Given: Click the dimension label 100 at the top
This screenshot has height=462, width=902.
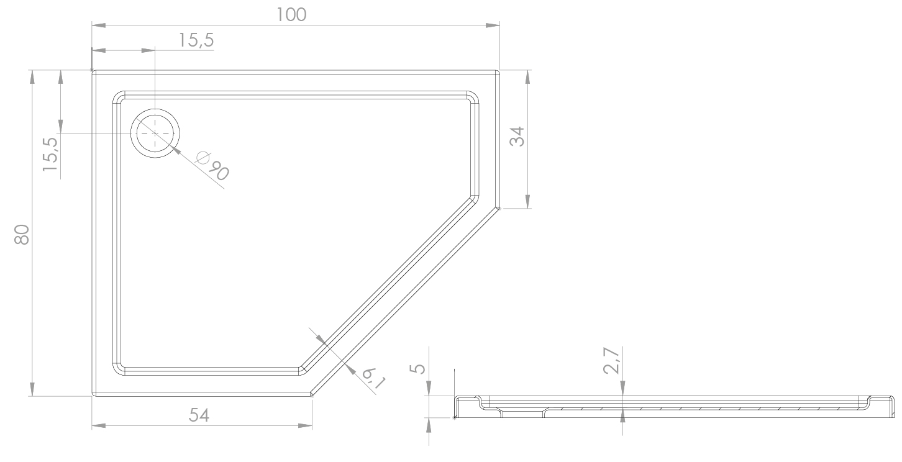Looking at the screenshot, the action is tap(291, 15).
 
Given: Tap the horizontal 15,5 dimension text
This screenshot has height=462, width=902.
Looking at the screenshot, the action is tap(196, 40).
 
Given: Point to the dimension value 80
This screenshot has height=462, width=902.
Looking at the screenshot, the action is tap(22, 234).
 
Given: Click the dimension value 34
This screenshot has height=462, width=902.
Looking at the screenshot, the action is tap(517, 137).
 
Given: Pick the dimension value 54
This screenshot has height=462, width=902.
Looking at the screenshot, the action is tap(199, 415).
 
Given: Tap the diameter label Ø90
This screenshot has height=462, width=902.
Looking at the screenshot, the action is tap(212, 165).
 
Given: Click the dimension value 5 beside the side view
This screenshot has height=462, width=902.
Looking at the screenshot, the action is tap(419, 369).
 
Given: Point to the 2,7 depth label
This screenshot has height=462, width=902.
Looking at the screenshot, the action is tap(611, 361).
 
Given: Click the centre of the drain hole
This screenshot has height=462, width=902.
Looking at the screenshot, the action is tap(155, 133).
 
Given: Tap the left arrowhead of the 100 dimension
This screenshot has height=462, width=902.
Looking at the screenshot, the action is tap(99, 25).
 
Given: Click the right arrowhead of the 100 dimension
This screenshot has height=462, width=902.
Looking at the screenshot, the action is tap(493, 25).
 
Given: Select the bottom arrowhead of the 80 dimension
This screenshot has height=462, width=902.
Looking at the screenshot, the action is tap(32, 389).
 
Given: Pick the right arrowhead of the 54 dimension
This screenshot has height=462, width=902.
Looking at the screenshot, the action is tap(305, 426).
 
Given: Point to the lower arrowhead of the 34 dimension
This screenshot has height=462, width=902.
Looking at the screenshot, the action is tap(528, 202).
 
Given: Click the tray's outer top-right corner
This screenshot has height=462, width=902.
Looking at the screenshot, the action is tap(499, 71).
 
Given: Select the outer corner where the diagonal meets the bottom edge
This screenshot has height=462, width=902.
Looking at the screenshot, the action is tap(312, 396).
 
